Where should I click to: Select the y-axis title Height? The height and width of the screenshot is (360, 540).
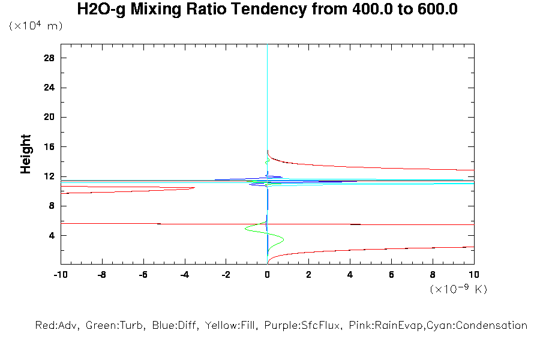26,154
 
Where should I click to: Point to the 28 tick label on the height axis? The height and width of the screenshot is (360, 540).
49,58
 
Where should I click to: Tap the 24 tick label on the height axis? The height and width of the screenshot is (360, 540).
49,88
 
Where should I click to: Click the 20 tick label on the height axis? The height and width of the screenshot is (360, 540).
49,118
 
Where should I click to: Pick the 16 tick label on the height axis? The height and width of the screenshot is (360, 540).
49,147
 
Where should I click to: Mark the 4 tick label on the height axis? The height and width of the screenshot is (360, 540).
52,236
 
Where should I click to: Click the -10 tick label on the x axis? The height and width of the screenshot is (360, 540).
59,275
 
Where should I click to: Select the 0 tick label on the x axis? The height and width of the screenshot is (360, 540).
267,275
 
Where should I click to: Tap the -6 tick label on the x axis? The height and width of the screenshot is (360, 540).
142,275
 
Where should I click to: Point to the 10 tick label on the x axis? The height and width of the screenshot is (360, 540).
474,275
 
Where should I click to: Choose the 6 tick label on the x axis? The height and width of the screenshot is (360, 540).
391,275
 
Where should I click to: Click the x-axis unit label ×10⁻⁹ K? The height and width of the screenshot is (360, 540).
458,289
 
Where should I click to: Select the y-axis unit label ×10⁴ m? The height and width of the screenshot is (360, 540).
36,26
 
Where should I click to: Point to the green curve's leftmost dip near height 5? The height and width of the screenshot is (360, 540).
245,229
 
